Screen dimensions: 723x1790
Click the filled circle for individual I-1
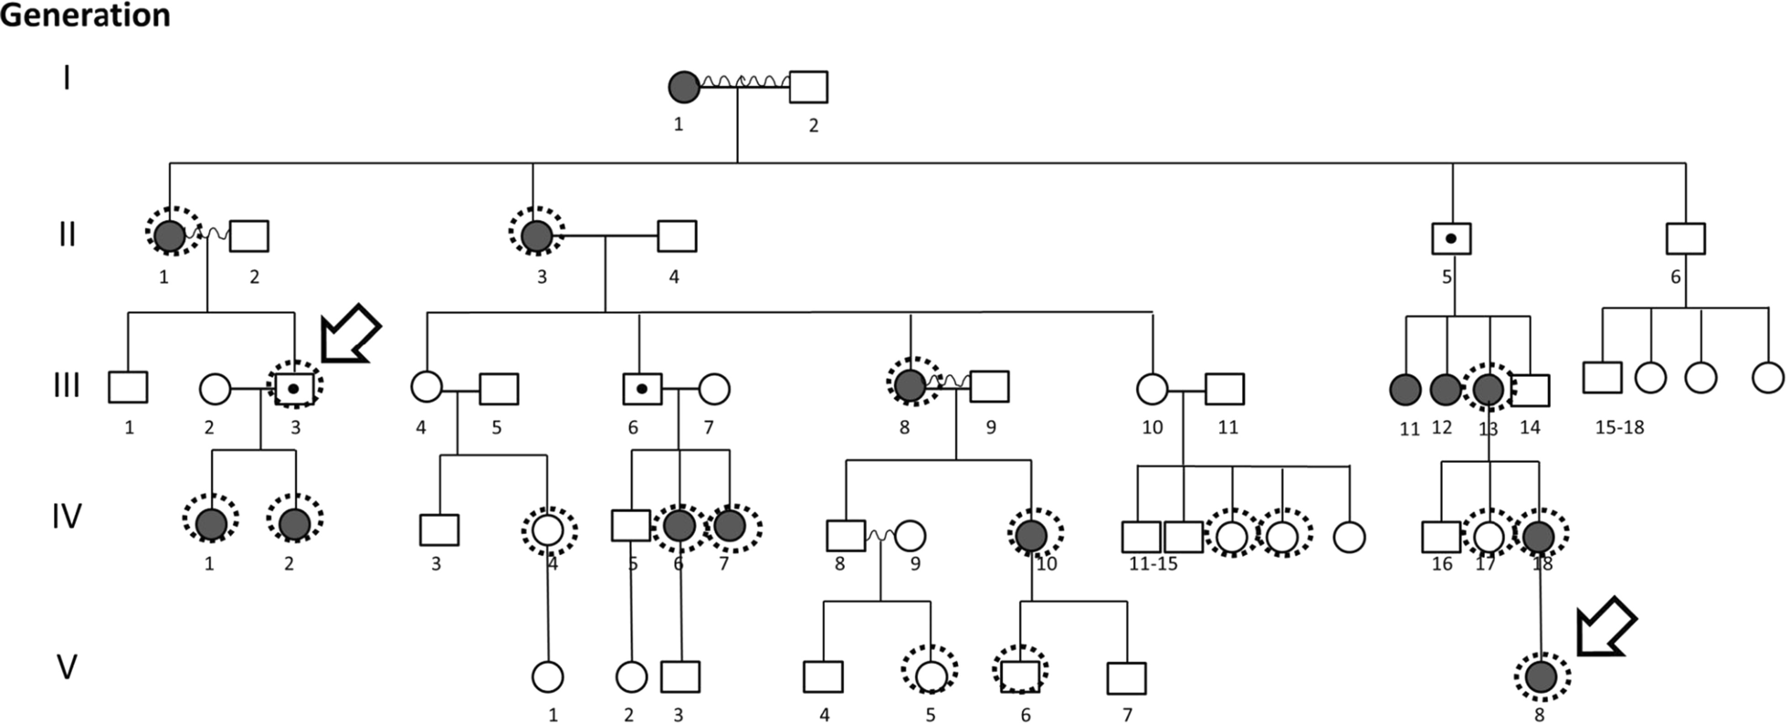point(684,87)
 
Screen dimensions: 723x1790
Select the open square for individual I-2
point(808,87)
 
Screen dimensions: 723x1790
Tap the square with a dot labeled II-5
point(1451,238)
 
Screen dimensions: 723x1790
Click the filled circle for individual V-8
point(1542,676)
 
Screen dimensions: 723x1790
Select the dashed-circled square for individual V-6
point(1020,676)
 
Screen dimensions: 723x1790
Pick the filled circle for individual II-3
point(537,236)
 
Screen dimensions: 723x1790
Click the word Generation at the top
point(85,15)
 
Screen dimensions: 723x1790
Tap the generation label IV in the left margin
point(66,517)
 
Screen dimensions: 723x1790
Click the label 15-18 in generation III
point(1619,426)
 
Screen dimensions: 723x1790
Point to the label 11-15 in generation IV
point(1153,563)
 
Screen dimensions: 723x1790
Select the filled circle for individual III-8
point(910,386)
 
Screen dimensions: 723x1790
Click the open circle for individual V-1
point(547,677)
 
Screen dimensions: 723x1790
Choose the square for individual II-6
point(1685,238)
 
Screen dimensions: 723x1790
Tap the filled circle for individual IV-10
point(1032,536)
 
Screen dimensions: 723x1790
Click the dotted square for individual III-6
point(642,389)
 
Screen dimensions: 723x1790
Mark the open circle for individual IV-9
point(910,536)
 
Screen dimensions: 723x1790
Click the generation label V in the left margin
point(66,667)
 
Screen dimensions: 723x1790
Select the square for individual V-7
point(1126,677)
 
